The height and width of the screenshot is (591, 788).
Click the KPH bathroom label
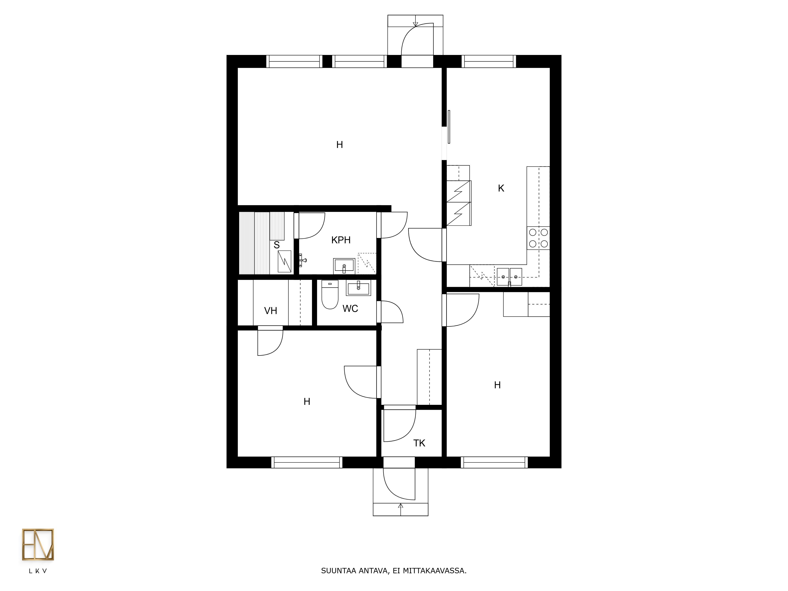[x=341, y=240]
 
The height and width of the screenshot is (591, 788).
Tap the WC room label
[x=350, y=309]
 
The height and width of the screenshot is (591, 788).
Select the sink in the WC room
[x=358, y=288]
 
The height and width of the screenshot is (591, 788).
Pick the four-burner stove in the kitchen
[x=538, y=238]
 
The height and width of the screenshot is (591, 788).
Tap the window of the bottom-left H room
[x=307, y=462]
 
